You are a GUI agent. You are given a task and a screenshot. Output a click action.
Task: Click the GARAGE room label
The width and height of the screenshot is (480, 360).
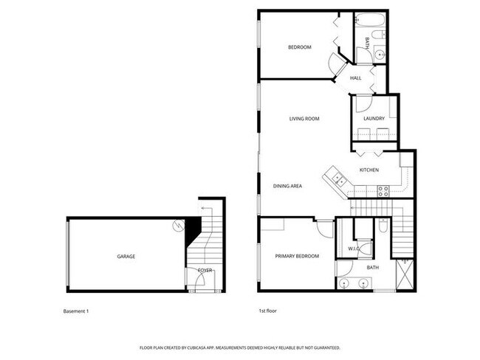pyautogui.click(x=126, y=257)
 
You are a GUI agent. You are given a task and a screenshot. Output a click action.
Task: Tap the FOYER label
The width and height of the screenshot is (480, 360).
pyautogui.click(x=205, y=271)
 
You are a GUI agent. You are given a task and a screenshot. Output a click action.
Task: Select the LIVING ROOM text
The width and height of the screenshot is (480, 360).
pyautogui.click(x=304, y=119)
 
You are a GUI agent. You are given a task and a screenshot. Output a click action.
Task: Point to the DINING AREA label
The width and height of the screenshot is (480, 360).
pyautogui.click(x=287, y=186)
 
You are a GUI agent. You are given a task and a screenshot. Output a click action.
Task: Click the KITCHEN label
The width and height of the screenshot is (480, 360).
pyautogui.click(x=368, y=170)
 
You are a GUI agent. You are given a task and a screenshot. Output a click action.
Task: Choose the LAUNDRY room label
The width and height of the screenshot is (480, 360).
pyautogui.click(x=374, y=119)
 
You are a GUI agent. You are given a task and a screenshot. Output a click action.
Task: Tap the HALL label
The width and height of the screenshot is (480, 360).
pyautogui.click(x=356, y=78)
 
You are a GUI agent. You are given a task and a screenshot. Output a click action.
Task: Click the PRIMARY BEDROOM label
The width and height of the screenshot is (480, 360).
pyautogui.click(x=297, y=256)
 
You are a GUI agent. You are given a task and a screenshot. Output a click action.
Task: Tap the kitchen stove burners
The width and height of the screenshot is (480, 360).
pyautogui.click(x=383, y=190)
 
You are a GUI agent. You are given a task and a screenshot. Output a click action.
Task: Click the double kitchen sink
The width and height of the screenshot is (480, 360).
pyautogui.click(x=337, y=177)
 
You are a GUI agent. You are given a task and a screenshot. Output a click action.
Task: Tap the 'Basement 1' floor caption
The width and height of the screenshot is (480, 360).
pyautogui.click(x=76, y=311)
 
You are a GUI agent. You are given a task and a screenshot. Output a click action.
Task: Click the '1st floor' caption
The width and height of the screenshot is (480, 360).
pyautogui.click(x=268, y=311)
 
